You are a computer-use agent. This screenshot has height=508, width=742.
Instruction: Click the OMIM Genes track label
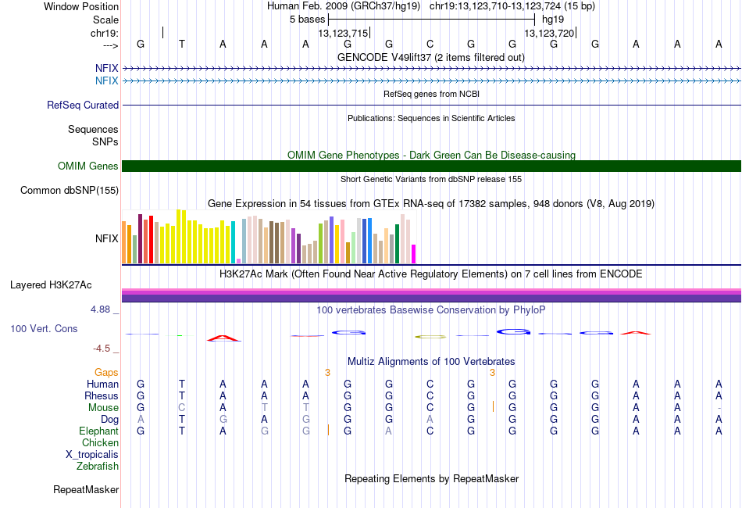tap(87, 166)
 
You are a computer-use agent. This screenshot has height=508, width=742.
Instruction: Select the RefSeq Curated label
tap(83, 105)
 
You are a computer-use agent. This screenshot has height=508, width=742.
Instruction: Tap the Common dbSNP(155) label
tap(70, 190)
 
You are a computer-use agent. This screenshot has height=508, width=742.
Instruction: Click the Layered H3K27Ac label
tap(51, 284)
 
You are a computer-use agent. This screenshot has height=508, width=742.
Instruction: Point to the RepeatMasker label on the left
tap(86, 490)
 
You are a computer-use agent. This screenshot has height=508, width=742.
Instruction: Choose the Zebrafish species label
tap(98, 467)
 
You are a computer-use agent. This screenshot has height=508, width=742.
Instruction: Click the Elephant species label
tap(98, 431)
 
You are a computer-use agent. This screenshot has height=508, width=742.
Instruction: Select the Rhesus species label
tap(102, 396)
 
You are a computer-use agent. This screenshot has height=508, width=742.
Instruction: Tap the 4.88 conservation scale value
tap(101, 309)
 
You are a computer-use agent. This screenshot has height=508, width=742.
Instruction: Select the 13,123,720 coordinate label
tap(549, 33)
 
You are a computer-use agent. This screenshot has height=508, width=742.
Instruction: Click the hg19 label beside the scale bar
tap(553, 18)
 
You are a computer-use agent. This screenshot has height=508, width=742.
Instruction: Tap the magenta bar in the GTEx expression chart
tap(414, 254)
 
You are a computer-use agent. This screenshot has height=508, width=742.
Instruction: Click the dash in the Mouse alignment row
tap(719, 408)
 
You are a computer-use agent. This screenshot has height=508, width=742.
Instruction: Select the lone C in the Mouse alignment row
tap(182, 407)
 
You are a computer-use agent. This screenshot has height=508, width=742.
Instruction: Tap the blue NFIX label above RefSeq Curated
tap(107, 80)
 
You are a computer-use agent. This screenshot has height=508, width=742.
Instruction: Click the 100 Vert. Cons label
tap(44, 329)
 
